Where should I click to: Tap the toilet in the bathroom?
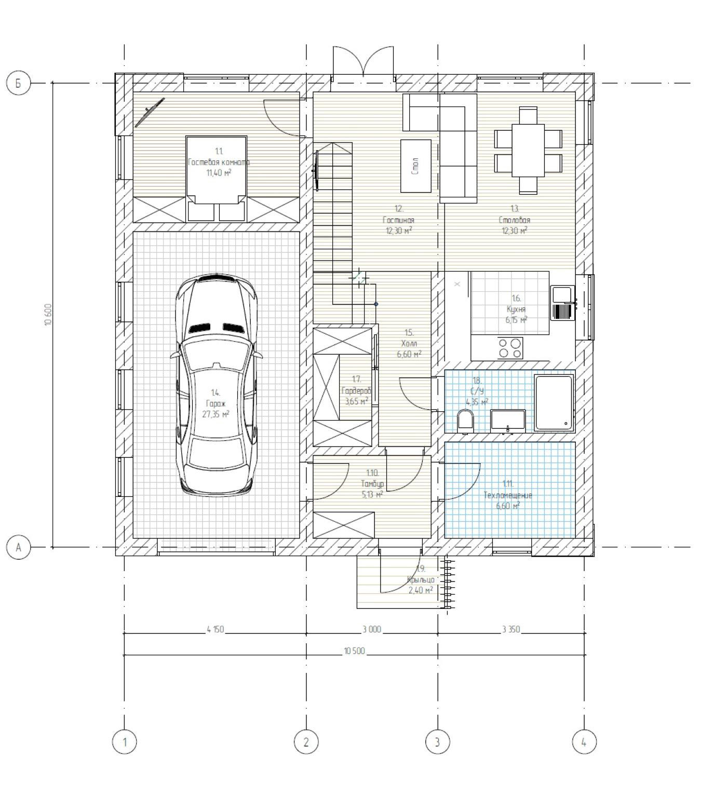pos(465,421)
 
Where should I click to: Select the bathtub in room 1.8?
pos(554,403)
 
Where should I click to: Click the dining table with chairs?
pos(528,150)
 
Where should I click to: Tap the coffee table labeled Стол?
pos(416,166)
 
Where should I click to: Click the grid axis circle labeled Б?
pos(19,83)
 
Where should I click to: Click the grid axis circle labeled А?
pos(19,547)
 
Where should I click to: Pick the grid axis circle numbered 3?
pos(437,742)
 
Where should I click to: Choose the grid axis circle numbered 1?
pos(124,742)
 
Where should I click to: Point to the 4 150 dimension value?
pos(215,629)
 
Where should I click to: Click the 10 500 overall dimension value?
pos(354,652)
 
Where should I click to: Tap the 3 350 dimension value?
pos(511,629)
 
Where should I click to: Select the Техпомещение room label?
pos(508,495)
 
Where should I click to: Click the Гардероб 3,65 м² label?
pos(356,390)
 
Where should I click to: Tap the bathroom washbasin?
pos(508,421)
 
